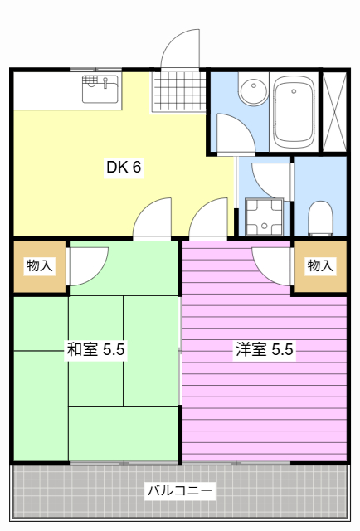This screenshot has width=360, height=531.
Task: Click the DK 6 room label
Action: click(124, 167)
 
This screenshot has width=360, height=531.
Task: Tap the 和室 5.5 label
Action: click(95, 349)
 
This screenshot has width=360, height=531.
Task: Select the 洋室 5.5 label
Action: click(264, 349)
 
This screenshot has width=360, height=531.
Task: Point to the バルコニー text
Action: click(180, 491)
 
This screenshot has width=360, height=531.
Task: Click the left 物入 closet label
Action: click(39, 265)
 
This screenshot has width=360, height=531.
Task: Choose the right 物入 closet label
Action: click(320, 265)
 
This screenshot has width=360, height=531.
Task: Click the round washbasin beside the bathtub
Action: click(250, 90)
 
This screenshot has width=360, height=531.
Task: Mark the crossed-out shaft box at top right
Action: click(334, 111)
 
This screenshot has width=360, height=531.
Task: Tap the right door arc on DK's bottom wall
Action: click(208, 219)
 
